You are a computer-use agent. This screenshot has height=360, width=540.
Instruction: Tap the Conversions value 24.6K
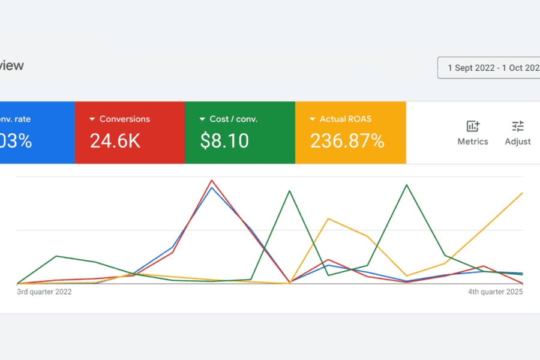tap(115, 141)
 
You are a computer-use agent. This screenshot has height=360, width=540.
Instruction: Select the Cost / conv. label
tap(233, 119)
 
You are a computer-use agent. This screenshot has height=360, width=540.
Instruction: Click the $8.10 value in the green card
tap(225, 141)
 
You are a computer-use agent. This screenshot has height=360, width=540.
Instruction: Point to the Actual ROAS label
tap(346, 119)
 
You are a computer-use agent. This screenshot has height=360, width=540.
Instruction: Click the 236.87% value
tap(347, 141)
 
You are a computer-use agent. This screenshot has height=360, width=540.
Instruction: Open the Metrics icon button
tap(473, 126)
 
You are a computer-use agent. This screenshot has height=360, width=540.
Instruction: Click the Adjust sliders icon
tap(518, 126)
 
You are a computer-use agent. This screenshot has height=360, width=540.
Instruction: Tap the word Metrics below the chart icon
tap(473, 142)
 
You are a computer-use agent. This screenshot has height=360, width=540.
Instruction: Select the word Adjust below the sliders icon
tap(518, 142)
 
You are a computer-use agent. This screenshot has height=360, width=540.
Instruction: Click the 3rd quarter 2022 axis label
tap(44, 292)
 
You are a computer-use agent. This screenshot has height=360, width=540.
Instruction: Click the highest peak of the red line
tap(211, 180)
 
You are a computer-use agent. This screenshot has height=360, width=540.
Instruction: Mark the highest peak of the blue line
tap(211, 188)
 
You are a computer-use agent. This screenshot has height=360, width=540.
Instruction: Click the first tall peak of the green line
tap(290, 191)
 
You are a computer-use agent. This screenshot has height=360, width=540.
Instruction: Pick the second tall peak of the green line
tap(407, 185)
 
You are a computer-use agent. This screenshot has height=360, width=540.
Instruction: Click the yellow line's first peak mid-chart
tap(328, 218)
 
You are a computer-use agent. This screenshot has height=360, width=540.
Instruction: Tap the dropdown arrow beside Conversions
tap(92, 119)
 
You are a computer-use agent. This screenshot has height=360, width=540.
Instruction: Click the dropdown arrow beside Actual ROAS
tap(313, 119)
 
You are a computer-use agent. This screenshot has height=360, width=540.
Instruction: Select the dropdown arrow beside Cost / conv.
tap(202, 119)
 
